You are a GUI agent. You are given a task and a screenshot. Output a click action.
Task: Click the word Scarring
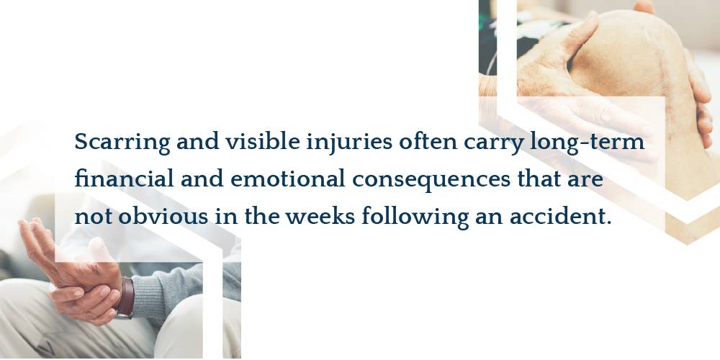(x=122, y=143)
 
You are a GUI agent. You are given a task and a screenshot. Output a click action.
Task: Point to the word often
(x=428, y=141)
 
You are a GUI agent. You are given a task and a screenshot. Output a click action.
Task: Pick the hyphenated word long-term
(x=588, y=143)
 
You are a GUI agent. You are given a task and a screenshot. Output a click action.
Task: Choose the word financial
(x=124, y=179)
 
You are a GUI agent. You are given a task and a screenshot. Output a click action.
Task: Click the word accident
(x=561, y=215)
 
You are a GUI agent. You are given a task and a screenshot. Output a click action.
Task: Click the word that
(x=540, y=179)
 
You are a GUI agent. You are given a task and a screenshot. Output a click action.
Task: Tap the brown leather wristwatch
(x=125, y=297)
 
